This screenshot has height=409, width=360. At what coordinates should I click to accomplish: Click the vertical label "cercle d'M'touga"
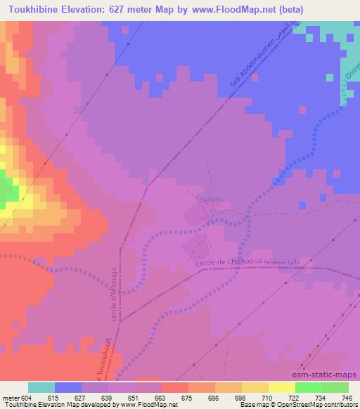(114, 299)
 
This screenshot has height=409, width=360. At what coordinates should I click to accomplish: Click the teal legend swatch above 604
(41, 387)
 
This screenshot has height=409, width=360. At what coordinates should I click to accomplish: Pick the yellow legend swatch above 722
(282, 387)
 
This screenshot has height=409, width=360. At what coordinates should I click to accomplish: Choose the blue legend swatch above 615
(68, 387)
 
